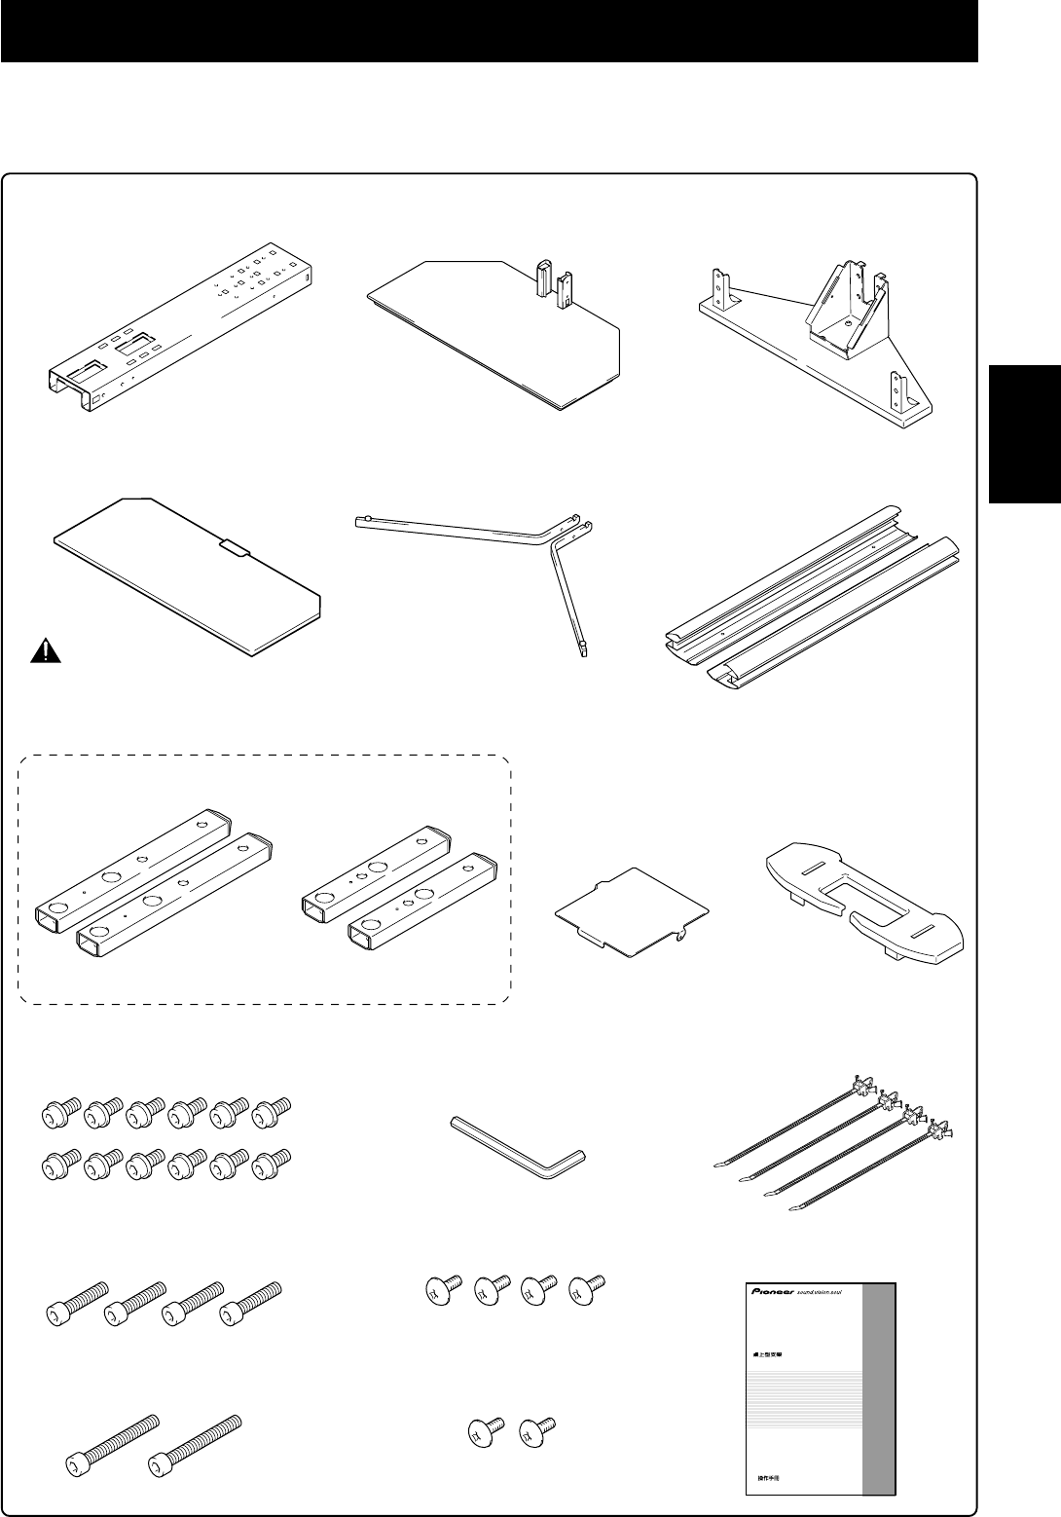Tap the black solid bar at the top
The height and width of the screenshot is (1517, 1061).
[489, 31]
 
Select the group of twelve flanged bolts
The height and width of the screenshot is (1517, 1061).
[165, 1136]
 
